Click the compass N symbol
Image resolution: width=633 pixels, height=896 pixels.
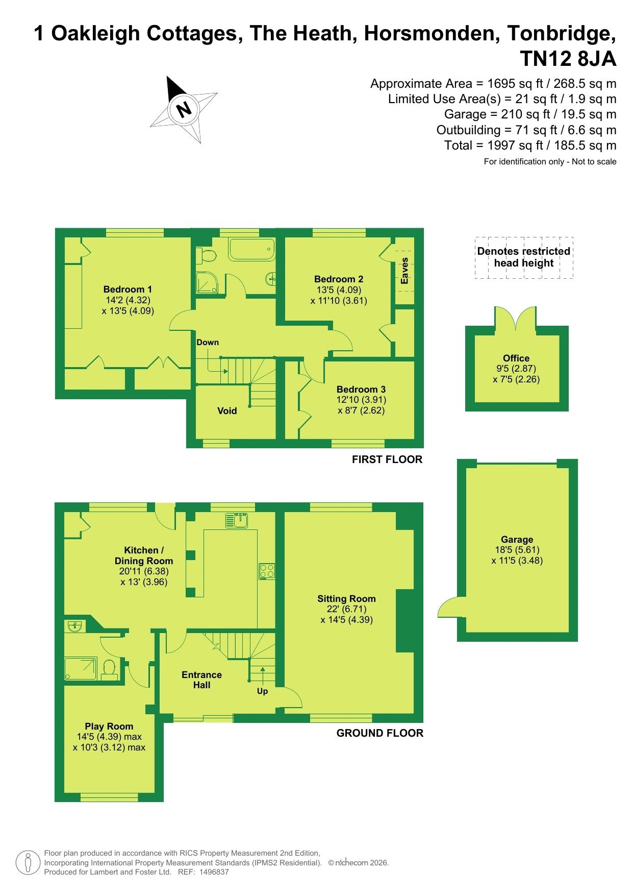[x=184, y=109]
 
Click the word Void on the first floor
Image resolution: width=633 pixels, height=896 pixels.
[x=227, y=411]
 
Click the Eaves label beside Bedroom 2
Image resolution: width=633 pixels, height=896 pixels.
[x=404, y=271]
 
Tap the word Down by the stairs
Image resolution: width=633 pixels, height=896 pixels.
[x=208, y=342]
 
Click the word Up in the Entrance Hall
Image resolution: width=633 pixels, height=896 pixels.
[x=262, y=691]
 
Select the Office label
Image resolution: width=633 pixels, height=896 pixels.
[x=516, y=358]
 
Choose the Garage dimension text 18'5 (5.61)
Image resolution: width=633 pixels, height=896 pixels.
[x=517, y=550]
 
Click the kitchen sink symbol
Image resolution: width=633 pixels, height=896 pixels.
[x=237, y=520]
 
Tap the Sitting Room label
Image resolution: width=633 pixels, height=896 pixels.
[x=346, y=598]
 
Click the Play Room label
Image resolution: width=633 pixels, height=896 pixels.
[x=109, y=726]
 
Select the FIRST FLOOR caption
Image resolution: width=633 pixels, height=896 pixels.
[x=387, y=459]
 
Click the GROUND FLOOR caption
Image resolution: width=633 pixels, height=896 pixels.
[x=380, y=733]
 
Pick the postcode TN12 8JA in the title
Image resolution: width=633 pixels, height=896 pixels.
[x=568, y=59]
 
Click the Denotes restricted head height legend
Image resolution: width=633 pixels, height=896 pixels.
[x=524, y=257]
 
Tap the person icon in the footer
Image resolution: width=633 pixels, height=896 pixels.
[x=28, y=863]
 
